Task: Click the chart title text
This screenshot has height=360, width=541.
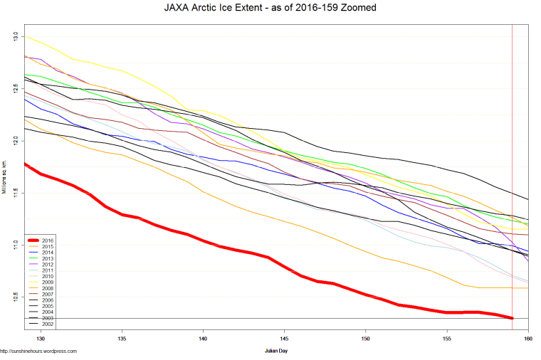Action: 270,8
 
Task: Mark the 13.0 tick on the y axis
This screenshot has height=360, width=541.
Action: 16,36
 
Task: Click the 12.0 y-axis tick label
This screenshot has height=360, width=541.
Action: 16,140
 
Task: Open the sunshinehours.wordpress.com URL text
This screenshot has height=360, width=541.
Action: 38,351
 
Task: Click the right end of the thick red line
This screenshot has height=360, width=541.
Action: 512,317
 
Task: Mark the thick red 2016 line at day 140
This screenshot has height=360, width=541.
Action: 204,241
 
